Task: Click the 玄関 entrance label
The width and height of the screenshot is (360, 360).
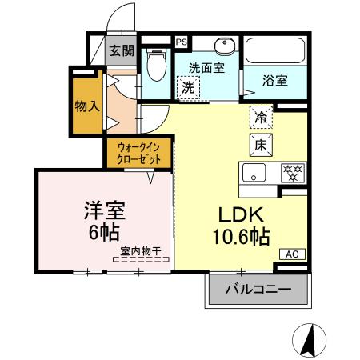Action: (122, 50)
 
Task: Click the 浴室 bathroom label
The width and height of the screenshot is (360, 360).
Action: (276, 80)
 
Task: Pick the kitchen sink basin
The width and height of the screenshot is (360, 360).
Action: (254, 173)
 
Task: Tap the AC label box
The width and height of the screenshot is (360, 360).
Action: (292, 254)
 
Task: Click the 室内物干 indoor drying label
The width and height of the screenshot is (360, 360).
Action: (140, 251)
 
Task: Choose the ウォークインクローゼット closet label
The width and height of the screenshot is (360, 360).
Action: (139, 152)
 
